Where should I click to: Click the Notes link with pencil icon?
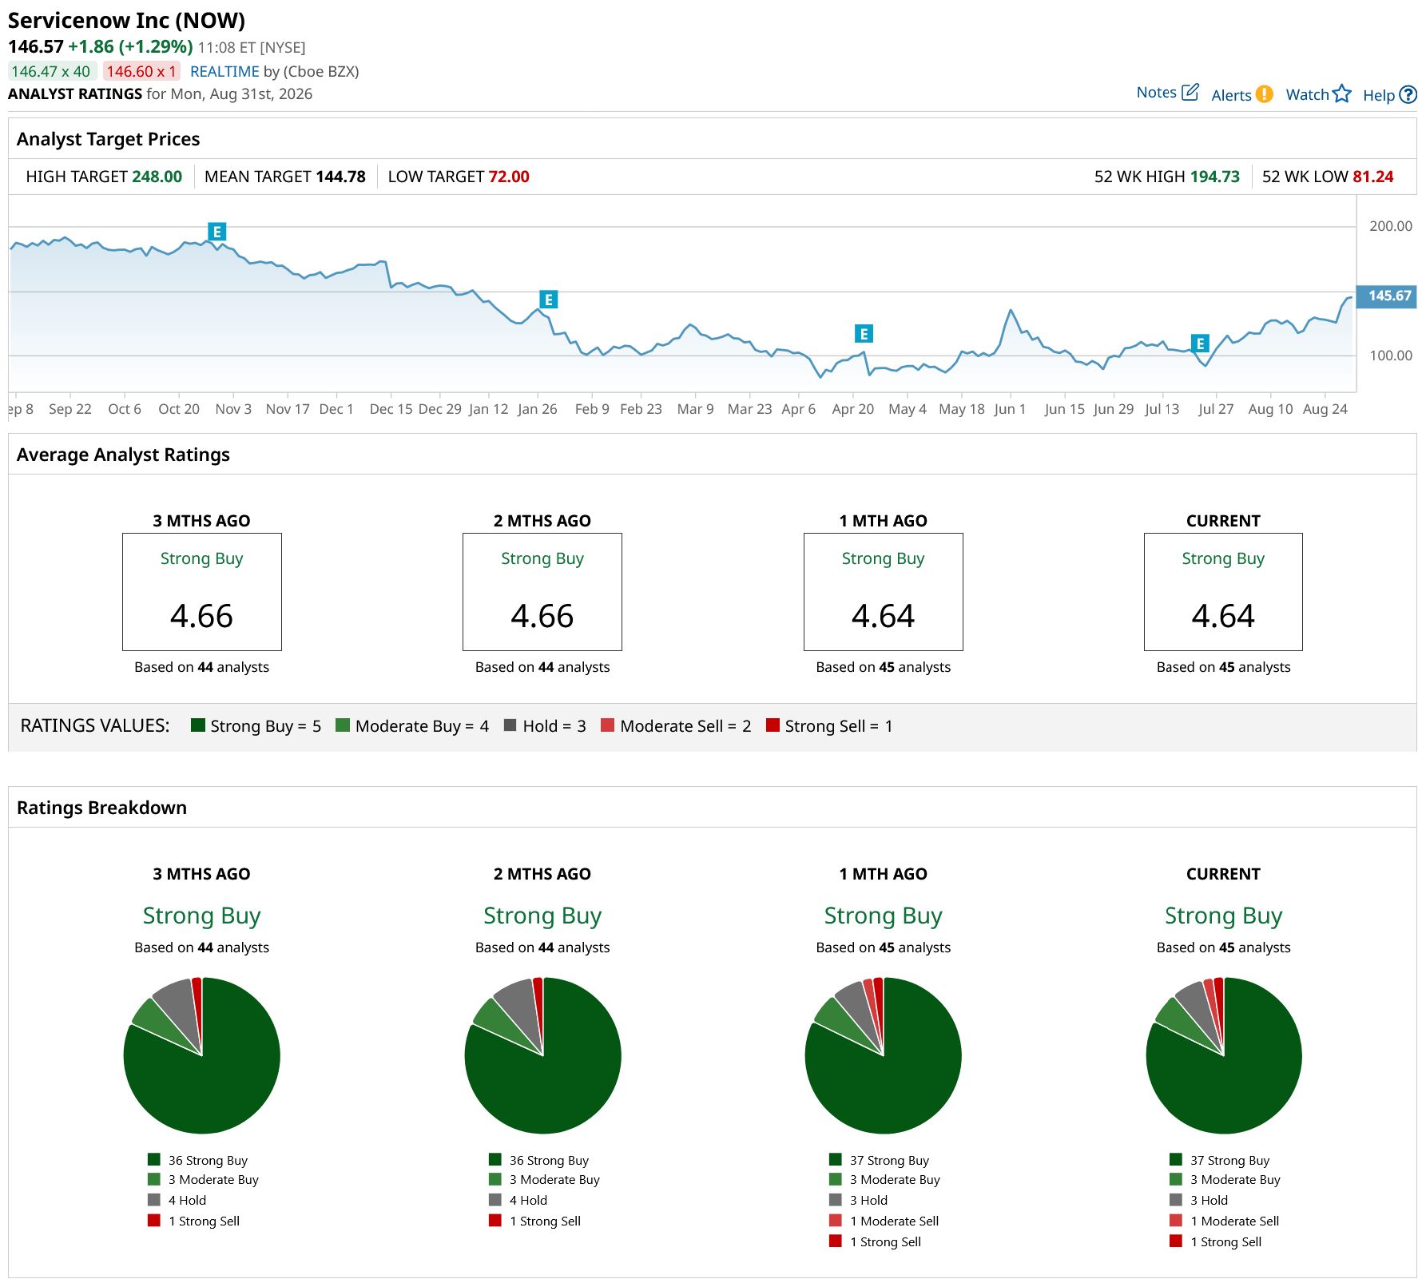click(x=1167, y=93)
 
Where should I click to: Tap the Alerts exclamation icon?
click(x=1264, y=94)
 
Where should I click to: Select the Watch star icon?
click(x=1342, y=94)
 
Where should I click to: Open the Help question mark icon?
click(x=1408, y=95)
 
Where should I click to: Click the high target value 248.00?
click(x=157, y=177)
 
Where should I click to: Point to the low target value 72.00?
click(x=509, y=177)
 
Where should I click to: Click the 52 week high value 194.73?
click(x=1214, y=177)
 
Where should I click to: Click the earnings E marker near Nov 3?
click(x=216, y=232)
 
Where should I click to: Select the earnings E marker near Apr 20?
click(x=864, y=333)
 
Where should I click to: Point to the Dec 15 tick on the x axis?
click(x=391, y=409)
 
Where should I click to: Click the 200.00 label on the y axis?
click(x=1391, y=226)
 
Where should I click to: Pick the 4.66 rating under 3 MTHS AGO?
click(x=201, y=616)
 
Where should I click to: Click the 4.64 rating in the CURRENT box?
click(x=1223, y=616)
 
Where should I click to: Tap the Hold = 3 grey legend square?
click(x=510, y=725)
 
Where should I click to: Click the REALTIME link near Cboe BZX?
click(x=224, y=72)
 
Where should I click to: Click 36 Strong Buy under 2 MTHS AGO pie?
click(x=549, y=1160)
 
